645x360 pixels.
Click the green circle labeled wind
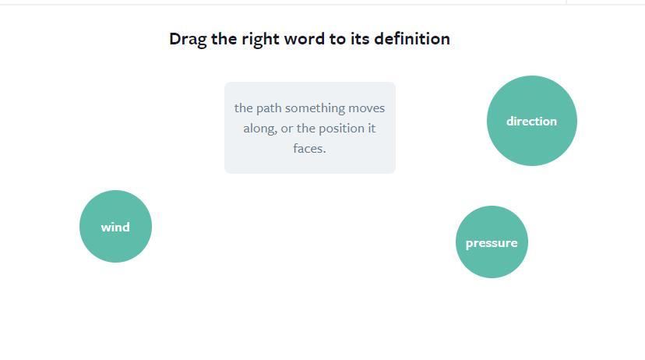click(115, 226)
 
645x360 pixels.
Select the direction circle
click(532, 121)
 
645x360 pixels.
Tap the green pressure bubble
click(492, 242)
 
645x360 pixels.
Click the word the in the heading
click(224, 39)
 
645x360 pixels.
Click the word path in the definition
click(269, 108)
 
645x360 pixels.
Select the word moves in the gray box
click(367, 108)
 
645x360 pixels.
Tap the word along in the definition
click(260, 129)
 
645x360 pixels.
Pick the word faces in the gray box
click(309, 148)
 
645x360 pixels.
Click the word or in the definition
click(287, 129)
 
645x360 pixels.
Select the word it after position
click(372, 129)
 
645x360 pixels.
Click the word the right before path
click(244, 108)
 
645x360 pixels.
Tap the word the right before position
click(305, 129)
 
